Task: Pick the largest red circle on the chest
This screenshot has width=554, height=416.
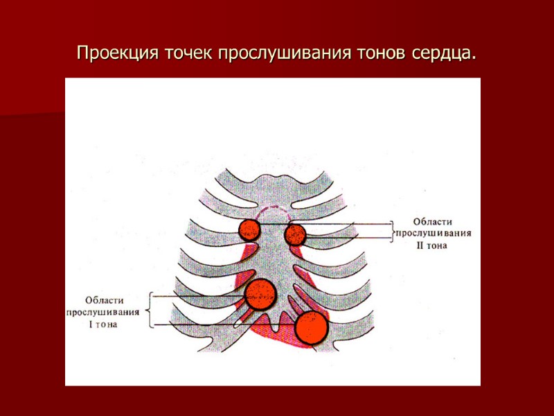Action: [x=311, y=327]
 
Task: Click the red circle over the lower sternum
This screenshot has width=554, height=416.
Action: [x=261, y=295]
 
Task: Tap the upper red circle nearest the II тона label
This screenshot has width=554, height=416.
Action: [x=296, y=234]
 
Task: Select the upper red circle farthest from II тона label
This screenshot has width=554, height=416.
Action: [x=249, y=229]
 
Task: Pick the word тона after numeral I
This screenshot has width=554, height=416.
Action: [x=105, y=323]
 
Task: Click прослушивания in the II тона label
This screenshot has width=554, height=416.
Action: [x=434, y=234]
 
